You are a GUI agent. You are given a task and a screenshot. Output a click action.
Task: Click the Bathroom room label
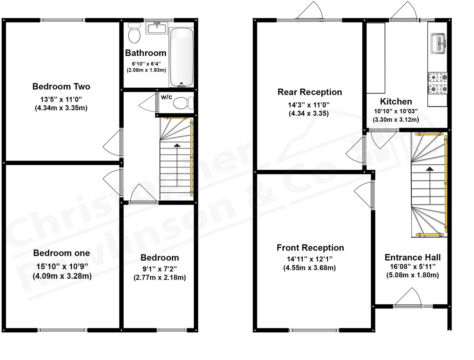[146, 53]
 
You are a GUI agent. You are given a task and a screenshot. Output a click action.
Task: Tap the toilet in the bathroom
[134, 32]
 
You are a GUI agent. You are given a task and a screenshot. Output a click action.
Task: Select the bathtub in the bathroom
[182, 57]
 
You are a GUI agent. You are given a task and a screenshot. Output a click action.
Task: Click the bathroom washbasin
[156, 28]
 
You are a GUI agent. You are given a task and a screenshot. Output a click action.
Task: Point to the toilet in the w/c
[184, 102]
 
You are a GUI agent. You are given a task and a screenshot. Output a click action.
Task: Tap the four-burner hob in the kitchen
[438, 83]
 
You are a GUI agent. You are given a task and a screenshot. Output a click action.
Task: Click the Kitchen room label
[396, 101]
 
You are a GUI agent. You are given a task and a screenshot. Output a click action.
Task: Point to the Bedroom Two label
[61, 87]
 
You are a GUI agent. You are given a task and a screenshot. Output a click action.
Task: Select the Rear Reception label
[309, 92]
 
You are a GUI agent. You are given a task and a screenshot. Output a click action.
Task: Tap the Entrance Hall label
[412, 257]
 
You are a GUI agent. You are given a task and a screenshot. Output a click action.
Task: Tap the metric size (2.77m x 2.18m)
[159, 277]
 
